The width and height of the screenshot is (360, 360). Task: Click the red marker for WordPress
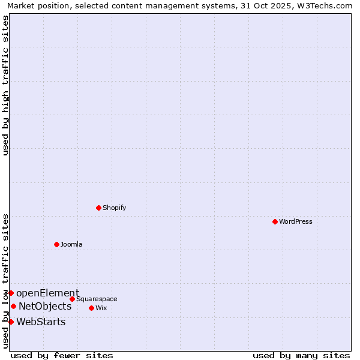tap(275, 221)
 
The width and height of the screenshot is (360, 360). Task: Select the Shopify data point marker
tap(98, 208)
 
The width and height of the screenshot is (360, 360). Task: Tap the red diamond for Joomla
tap(56, 244)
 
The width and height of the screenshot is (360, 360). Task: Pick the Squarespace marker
tap(72, 299)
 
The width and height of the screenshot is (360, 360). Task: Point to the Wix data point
tap(91, 308)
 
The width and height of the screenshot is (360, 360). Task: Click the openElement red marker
tap(11, 293)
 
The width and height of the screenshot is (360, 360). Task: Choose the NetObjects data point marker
tap(13, 306)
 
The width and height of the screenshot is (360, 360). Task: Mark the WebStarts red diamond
tap(11, 322)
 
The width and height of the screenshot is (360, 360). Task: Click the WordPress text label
tap(295, 221)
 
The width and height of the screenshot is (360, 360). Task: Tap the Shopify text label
tap(114, 208)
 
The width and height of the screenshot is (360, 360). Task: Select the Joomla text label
tap(71, 244)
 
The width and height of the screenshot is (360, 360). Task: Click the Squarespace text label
tap(97, 299)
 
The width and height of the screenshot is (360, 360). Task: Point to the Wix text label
tap(101, 308)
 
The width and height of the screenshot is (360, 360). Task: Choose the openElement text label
tap(47, 293)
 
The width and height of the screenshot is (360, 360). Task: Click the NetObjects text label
tap(45, 306)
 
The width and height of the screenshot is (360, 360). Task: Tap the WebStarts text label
tap(41, 322)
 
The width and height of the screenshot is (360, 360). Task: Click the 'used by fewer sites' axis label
tap(62, 355)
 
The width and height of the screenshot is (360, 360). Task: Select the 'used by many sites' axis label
tap(301, 355)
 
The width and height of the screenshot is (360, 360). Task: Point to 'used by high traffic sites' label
tap(5, 85)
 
